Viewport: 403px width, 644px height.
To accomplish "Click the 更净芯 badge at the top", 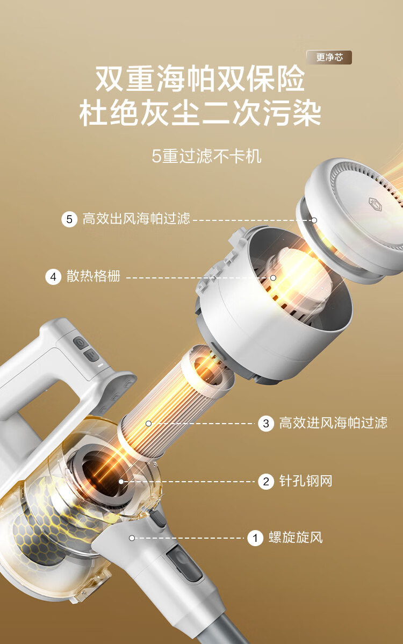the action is [x=329, y=58].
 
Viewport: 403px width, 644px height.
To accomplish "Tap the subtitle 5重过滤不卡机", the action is [x=206, y=156].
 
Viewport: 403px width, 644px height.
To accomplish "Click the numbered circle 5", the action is [x=69, y=219].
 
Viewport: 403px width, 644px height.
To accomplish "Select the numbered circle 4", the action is [x=53, y=277].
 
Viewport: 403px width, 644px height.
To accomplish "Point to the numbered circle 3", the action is [x=266, y=424].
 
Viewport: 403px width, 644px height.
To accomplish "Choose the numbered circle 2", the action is [x=266, y=481].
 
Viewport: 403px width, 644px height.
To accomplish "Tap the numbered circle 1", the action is [x=255, y=538].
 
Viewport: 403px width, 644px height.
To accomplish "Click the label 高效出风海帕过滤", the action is [x=136, y=218].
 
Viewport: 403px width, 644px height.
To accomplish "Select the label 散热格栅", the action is [x=93, y=276].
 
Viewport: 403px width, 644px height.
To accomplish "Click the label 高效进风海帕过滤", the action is [x=333, y=423].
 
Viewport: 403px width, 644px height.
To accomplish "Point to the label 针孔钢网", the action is [x=306, y=481].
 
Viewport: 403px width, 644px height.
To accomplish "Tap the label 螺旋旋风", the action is [x=296, y=538].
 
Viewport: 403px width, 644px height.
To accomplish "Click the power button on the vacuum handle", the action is [x=80, y=342].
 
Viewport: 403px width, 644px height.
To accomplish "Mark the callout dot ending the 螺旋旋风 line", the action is [x=132, y=538].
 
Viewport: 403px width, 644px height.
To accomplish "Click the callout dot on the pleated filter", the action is [x=148, y=424].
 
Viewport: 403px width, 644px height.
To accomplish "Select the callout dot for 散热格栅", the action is [x=273, y=278].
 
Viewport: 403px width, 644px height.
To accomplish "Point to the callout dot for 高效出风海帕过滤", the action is [x=314, y=220].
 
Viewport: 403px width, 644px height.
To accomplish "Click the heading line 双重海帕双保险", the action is [x=200, y=78].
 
